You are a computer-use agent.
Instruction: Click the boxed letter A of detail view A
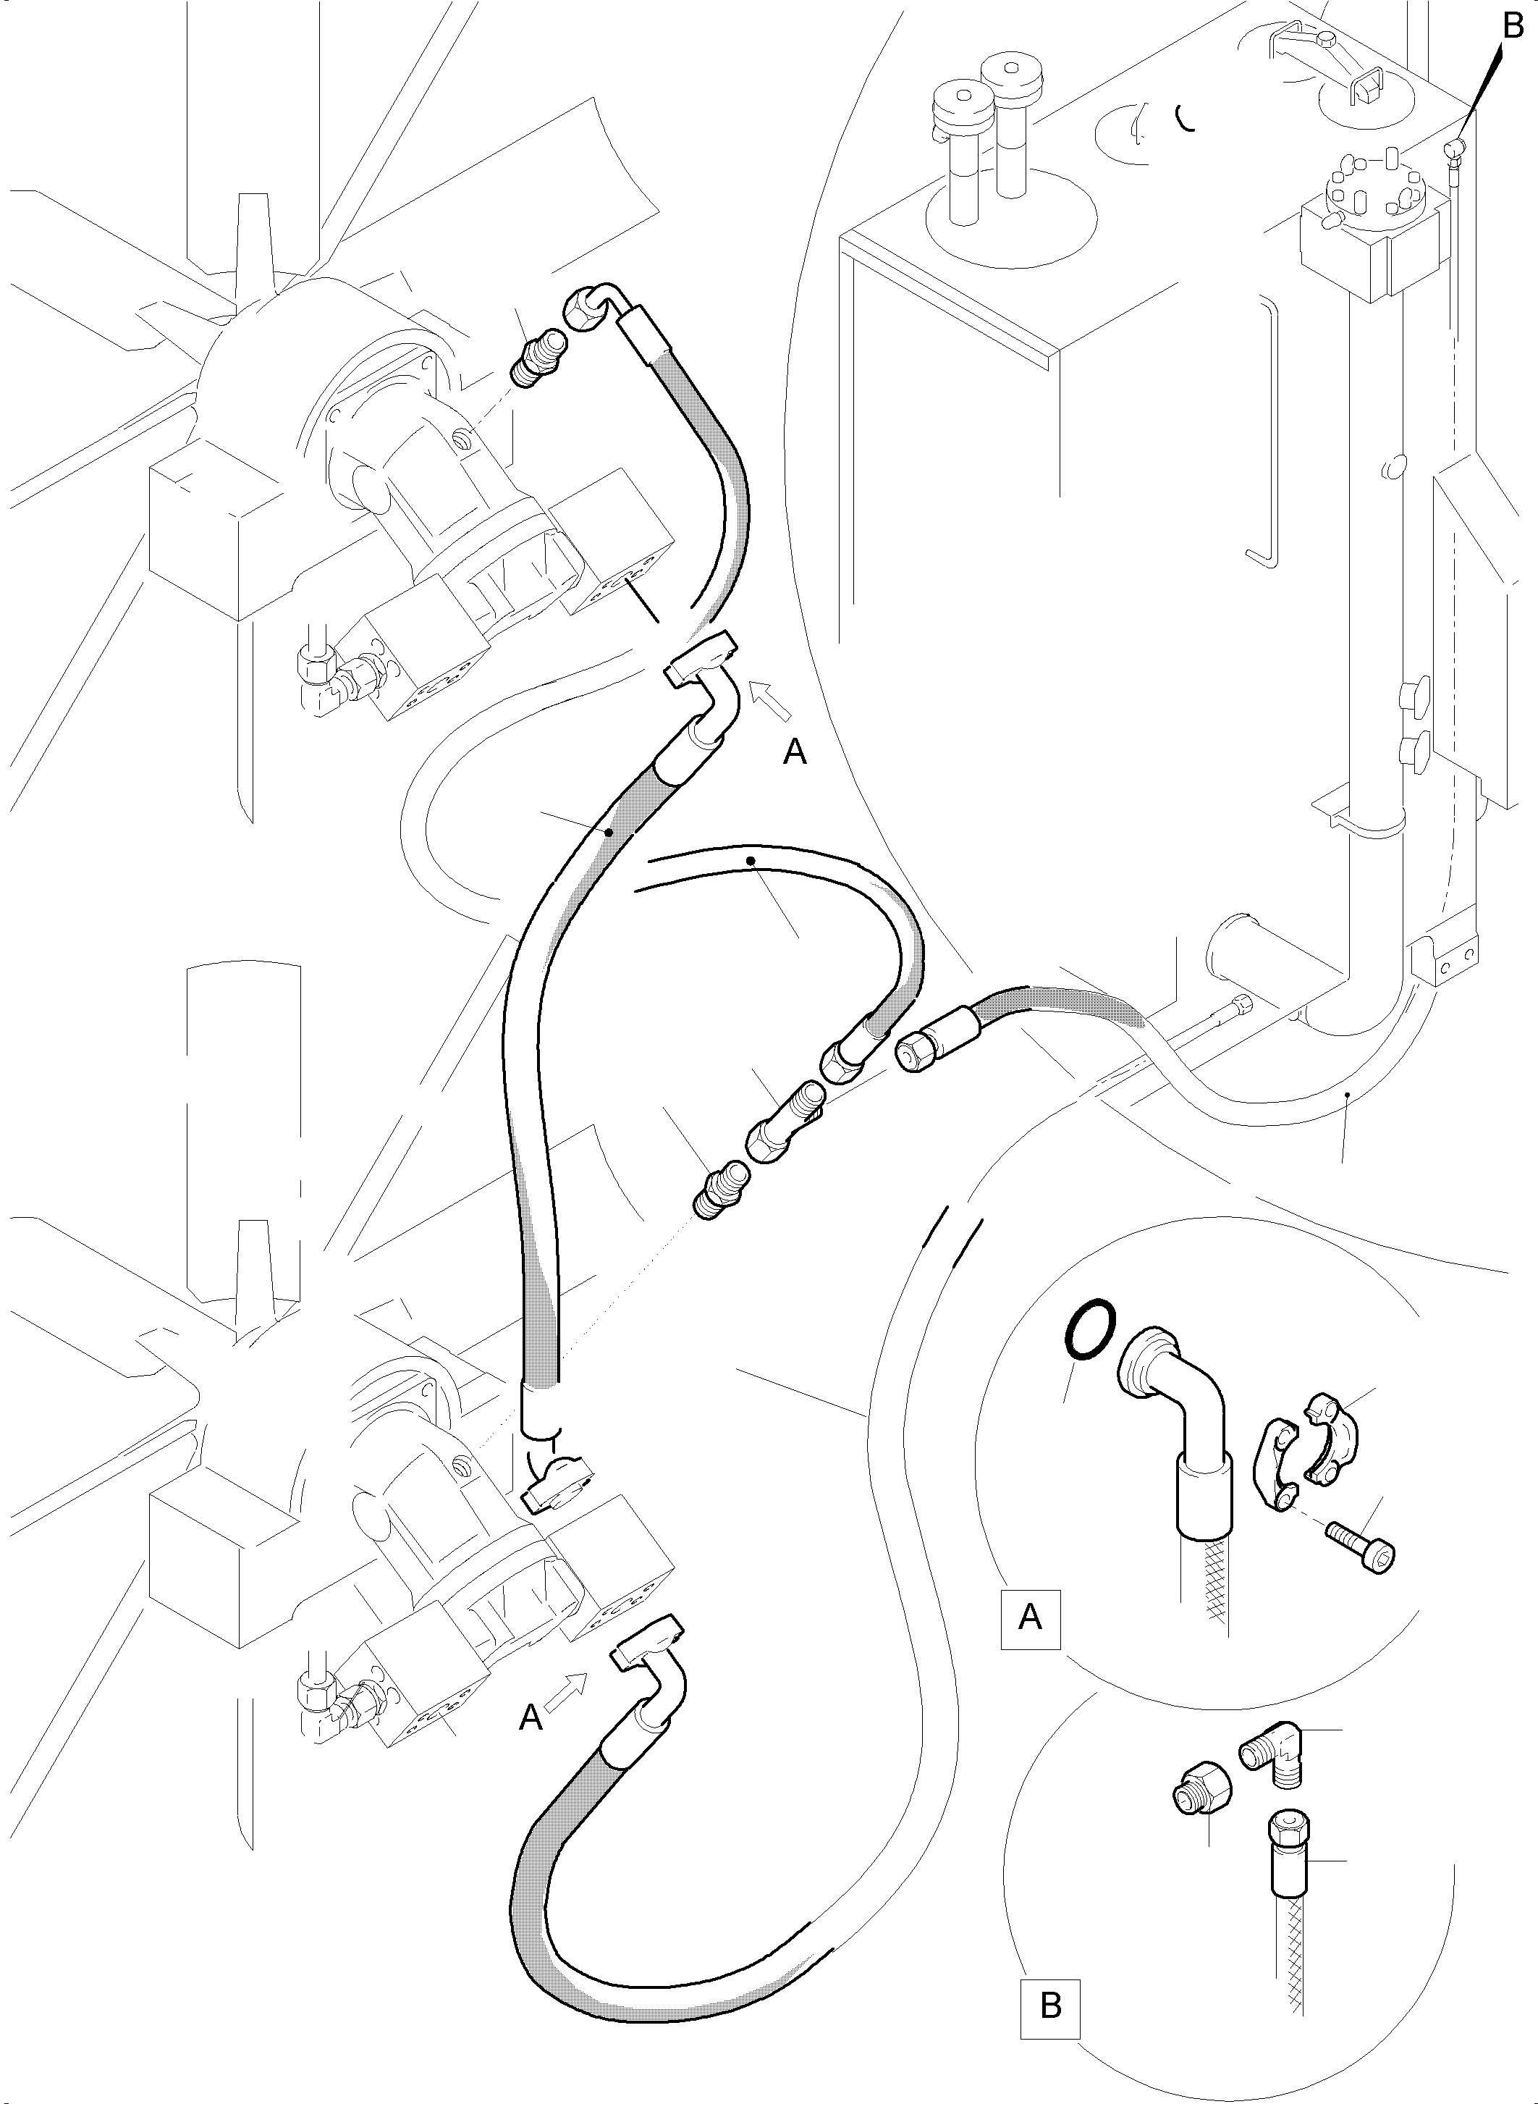tap(1030, 1617)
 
